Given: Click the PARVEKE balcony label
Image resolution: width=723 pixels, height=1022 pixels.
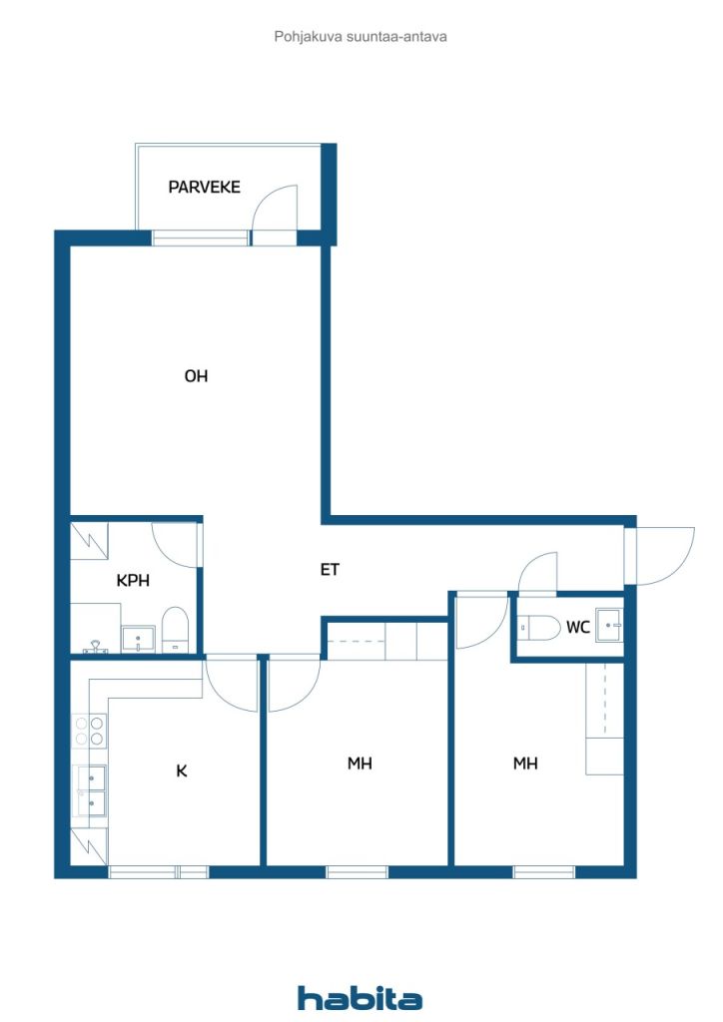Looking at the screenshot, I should (204, 187).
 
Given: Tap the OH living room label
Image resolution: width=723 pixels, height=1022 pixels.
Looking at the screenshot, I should (196, 376).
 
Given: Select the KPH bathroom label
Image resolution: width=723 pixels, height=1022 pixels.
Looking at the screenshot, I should (133, 581).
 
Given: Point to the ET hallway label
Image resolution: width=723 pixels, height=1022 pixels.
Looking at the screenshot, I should (330, 570).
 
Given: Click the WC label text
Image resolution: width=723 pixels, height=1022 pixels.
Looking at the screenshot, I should (577, 627).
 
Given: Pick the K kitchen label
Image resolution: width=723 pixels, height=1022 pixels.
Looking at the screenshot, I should (182, 770).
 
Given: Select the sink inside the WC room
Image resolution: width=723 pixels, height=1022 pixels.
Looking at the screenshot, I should (608, 624).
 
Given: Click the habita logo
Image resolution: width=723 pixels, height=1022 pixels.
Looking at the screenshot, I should (361, 998).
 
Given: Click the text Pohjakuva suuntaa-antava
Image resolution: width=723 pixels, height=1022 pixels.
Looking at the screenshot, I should (361, 36).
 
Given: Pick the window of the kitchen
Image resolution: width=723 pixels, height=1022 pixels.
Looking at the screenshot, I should (158, 872).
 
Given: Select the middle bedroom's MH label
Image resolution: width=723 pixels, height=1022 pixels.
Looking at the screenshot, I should (360, 764).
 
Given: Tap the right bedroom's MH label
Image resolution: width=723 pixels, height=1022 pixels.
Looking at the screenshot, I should (525, 764).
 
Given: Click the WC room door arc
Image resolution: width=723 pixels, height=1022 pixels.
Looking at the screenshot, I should (537, 573).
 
